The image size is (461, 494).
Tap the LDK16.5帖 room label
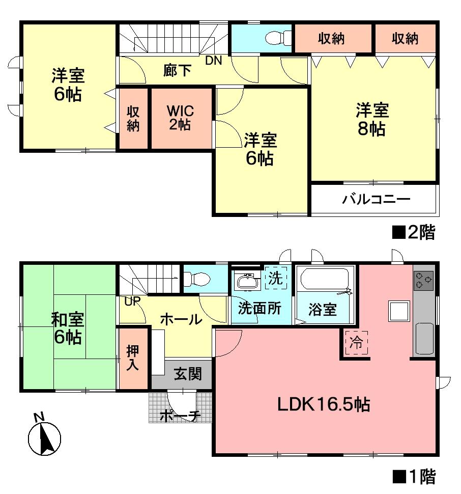[323, 404]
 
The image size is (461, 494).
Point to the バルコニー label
[375, 199]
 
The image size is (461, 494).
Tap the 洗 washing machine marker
[275, 279]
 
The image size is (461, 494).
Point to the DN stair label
[214, 61]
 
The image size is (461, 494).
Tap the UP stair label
[132, 301]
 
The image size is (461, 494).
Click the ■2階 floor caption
[413, 233]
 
